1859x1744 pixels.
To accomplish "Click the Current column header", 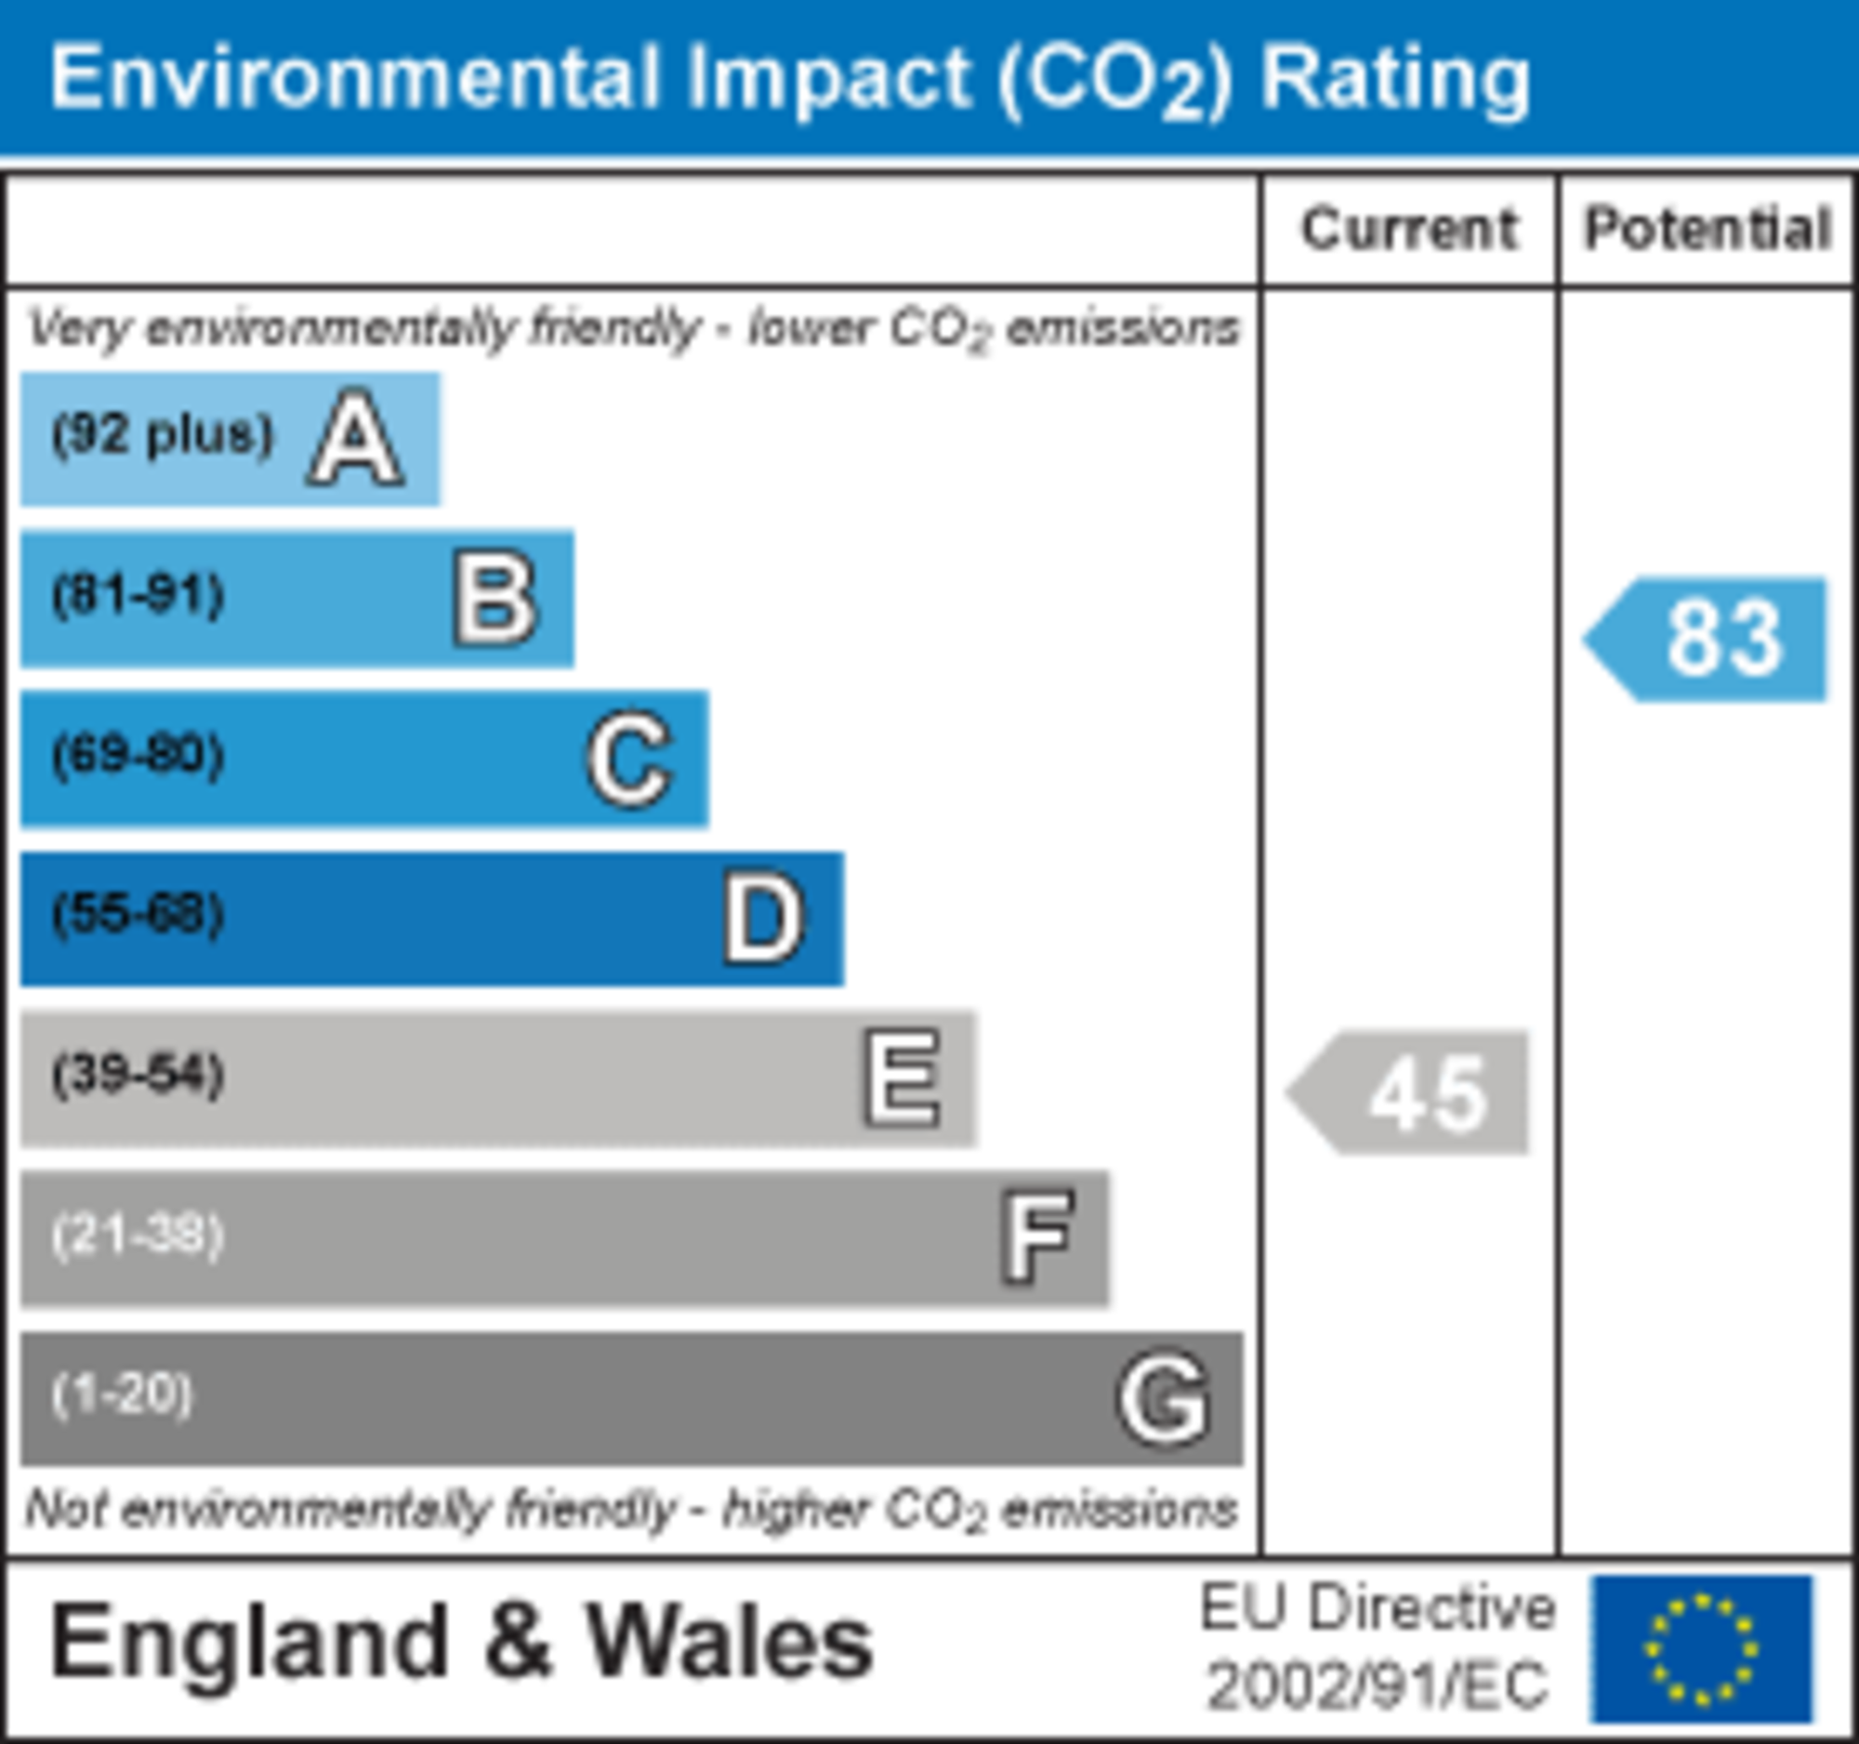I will [1409, 230].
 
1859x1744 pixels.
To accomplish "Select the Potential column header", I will [1707, 230].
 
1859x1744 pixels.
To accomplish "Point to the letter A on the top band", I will [355, 439].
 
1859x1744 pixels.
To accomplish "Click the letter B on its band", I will [494, 600].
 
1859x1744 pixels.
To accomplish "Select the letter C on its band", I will [629, 760].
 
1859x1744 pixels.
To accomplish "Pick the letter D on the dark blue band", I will [764, 919].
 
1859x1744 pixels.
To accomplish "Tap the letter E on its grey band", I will [901, 1079].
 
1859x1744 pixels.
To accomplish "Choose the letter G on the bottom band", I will [1165, 1400].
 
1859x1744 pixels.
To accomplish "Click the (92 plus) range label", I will [163, 435].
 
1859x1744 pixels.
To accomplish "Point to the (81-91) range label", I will [138, 596].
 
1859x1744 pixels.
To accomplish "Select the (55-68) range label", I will [138, 915].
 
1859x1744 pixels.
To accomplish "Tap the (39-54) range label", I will [138, 1075].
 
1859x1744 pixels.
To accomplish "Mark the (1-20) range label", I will [123, 1395].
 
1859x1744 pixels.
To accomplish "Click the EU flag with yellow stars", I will [1702, 1650].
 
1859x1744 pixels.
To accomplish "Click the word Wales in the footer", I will [730, 1644].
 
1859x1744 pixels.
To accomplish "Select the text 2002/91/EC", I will [1377, 1687].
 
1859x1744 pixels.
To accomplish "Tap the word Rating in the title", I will [1395, 78].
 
